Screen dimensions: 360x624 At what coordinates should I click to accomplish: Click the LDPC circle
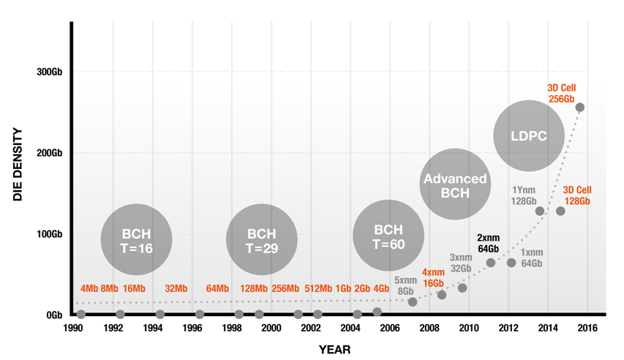[528, 136]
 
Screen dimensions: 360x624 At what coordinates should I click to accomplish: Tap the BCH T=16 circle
[136, 240]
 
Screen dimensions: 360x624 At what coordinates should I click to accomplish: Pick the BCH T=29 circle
[261, 240]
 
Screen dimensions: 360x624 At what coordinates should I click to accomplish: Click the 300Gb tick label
[49, 72]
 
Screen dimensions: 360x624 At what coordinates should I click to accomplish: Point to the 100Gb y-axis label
[49, 234]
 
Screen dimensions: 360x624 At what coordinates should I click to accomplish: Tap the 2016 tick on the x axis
[587, 329]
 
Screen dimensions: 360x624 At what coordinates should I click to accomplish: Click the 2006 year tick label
[389, 329]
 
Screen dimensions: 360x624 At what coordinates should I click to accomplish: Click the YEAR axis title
[334, 350]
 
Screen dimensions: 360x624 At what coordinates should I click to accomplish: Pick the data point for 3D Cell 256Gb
[580, 108]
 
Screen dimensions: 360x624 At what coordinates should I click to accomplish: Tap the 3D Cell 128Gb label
[576, 195]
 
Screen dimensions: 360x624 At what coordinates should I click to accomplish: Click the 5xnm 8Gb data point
[413, 302]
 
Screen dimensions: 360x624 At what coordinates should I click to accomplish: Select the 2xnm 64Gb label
[488, 243]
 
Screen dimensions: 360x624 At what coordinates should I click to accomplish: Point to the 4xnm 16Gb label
[433, 277]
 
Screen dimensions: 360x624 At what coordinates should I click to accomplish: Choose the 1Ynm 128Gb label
[524, 195]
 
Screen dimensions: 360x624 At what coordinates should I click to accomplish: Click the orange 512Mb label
[318, 288]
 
